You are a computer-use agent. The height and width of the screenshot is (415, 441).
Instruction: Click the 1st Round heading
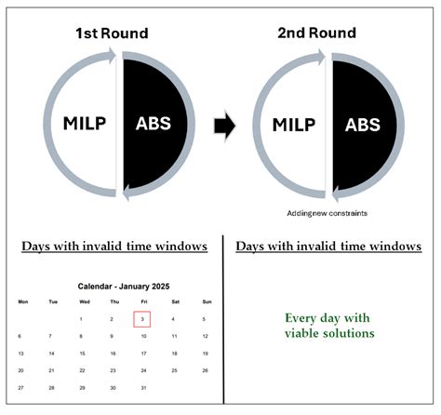(112, 33)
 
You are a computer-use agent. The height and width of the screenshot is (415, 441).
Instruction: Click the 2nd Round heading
(316, 33)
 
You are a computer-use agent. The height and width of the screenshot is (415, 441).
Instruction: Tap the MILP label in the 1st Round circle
(85, 123)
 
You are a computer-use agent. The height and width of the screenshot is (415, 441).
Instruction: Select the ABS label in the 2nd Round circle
(363, 125)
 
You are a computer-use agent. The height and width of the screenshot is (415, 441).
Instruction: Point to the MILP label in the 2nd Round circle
(294, 125)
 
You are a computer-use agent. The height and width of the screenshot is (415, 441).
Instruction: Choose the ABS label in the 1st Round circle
(154, 123)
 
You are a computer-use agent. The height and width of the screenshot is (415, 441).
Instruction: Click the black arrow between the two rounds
(225, 127)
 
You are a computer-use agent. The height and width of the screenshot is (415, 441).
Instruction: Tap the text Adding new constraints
(327, 213)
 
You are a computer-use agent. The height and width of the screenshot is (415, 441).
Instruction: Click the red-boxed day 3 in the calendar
(142, 319)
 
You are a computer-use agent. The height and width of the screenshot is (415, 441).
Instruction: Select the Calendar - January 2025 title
(124, 287)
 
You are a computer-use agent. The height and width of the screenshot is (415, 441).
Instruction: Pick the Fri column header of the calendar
(144, 301)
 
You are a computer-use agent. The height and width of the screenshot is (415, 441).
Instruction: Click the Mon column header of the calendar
(23, 301)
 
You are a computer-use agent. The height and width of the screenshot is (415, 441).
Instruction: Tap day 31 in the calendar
(143, 388)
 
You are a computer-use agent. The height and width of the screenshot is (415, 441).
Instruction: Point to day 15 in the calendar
(82, 354)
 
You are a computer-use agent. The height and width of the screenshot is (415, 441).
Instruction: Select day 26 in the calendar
(205, 370)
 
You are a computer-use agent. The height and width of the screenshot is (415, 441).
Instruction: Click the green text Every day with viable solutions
(329, 326)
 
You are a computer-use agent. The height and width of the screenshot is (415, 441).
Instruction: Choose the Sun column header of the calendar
(207, 301)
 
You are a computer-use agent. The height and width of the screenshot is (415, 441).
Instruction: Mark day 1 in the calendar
(81, 319)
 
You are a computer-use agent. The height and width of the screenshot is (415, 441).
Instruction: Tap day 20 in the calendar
(20, 370)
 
